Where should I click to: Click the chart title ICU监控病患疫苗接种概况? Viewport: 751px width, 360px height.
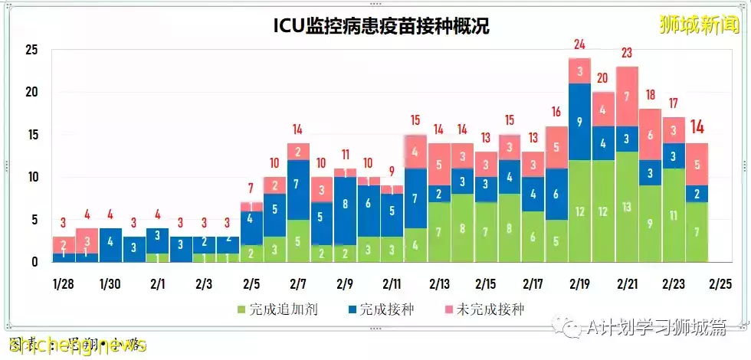click(x=381, y=26)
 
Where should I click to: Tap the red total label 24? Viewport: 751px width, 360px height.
click(x=579, y=44)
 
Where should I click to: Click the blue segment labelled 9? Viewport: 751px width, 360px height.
click(x=579, y=121)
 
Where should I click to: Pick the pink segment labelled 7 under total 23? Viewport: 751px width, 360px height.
click(x=627, y=97)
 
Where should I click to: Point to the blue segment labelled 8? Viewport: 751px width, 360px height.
click(x=345, y=205)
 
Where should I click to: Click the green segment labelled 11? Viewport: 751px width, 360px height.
click(x=674, y=216)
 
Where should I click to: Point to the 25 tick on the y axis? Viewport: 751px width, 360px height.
click(x=31, y=51)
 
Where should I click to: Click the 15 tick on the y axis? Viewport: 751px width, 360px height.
click(x=31, y=135)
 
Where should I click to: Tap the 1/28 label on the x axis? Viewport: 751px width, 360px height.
click(x=63, y=283)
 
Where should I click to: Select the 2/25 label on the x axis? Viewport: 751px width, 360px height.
click(x=721, y=283)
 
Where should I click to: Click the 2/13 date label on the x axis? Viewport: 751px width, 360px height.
click(x=439, y=283)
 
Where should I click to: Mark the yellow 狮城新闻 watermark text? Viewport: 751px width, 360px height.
click(x=700, y=25)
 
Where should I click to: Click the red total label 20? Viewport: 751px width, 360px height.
click(x=602, y=78)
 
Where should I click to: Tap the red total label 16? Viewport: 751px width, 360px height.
click(x=556, y=112)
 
